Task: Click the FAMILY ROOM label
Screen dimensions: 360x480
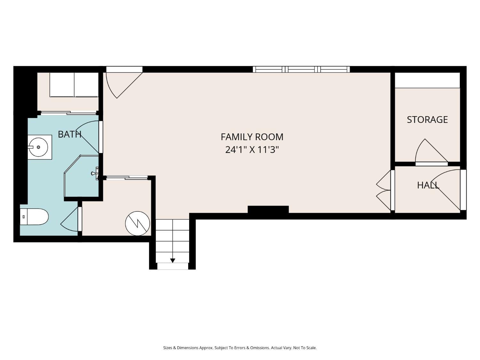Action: pyautogui.click(x=252, y=137)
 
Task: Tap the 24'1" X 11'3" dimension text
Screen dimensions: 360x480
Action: pyautogui.click(x=252, y=150)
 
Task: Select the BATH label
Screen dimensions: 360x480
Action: pyautogui.click(x=69, y=134)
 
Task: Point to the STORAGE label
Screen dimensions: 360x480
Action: pyautogui.click(x=427, y=120)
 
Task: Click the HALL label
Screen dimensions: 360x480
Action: pyautogui.click(x=428, y=185)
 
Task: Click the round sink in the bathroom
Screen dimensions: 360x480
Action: pyautogui.click(x=38, y=147)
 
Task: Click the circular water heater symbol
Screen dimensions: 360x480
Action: pyautogui.click(x=138, y=223)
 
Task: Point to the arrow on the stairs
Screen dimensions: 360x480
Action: pyautogui.click(x=172, y=260)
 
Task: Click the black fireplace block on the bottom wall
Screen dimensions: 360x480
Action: pyautogui.click(x=268, y=209)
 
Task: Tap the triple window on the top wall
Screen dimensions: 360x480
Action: pyautogui.click(x=301, y=69)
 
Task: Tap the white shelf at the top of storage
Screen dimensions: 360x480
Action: pyautogui.click(x=427, y=80)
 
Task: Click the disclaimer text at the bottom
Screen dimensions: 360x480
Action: pyautogui.click(x=240, y=348)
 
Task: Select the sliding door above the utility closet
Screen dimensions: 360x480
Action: pyautogui.click(x=127, y=177)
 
